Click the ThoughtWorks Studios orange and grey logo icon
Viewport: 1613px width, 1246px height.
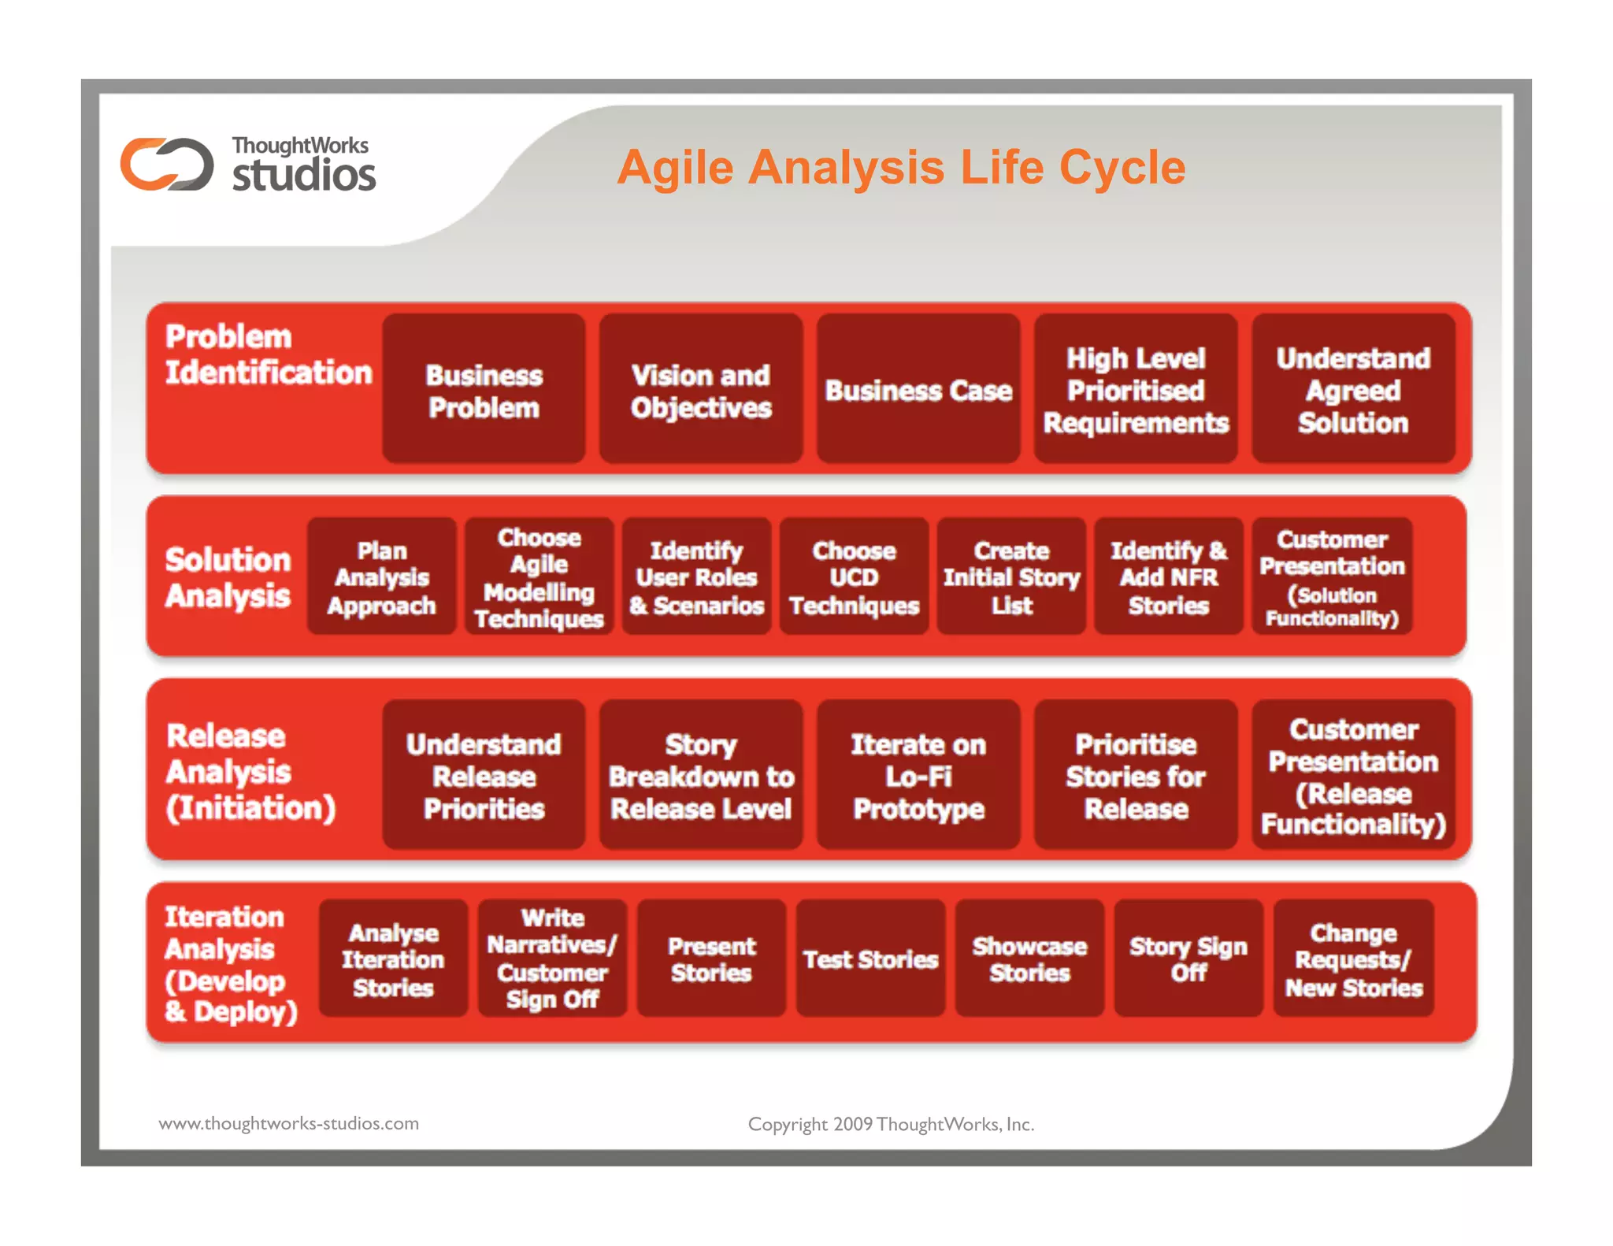click(x=167, y=165)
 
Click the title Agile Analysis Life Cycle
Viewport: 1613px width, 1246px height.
click(x=901, y=167)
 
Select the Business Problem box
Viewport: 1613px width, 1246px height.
click(x=484, y=390)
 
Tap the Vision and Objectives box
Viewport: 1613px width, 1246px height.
click(x=701, y=390)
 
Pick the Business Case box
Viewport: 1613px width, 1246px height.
click(x=918, y=390)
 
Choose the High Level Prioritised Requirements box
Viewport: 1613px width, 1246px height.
click(x=1136, y=390)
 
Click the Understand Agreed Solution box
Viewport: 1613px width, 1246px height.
click(x=1353, y=390)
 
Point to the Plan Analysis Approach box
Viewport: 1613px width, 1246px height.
click(x=382, y=577)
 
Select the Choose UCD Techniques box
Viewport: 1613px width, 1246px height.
click(x=855, y=577)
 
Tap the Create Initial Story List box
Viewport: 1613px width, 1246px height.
click(x=1012, y=577)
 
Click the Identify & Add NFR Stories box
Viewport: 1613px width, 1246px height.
click(x=1169, y=577)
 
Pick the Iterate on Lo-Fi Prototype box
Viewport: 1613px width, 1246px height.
click(x=918, y=776)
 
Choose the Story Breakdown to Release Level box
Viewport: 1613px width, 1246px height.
click(x=701, y=776)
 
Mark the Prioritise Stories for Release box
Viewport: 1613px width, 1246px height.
click(x=1136, y=776)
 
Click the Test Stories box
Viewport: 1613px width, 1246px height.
click(x=870, y=959)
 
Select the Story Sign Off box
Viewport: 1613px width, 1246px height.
click(x=1188, y=959)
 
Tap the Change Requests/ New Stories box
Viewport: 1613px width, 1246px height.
click(x=1354, y=959)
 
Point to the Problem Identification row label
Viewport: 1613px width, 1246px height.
click(x=268, y=354)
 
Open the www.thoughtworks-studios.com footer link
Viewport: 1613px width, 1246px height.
click(x=289, y=1123)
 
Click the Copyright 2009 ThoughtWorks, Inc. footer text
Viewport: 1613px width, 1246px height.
click(x=891, y=1124)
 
